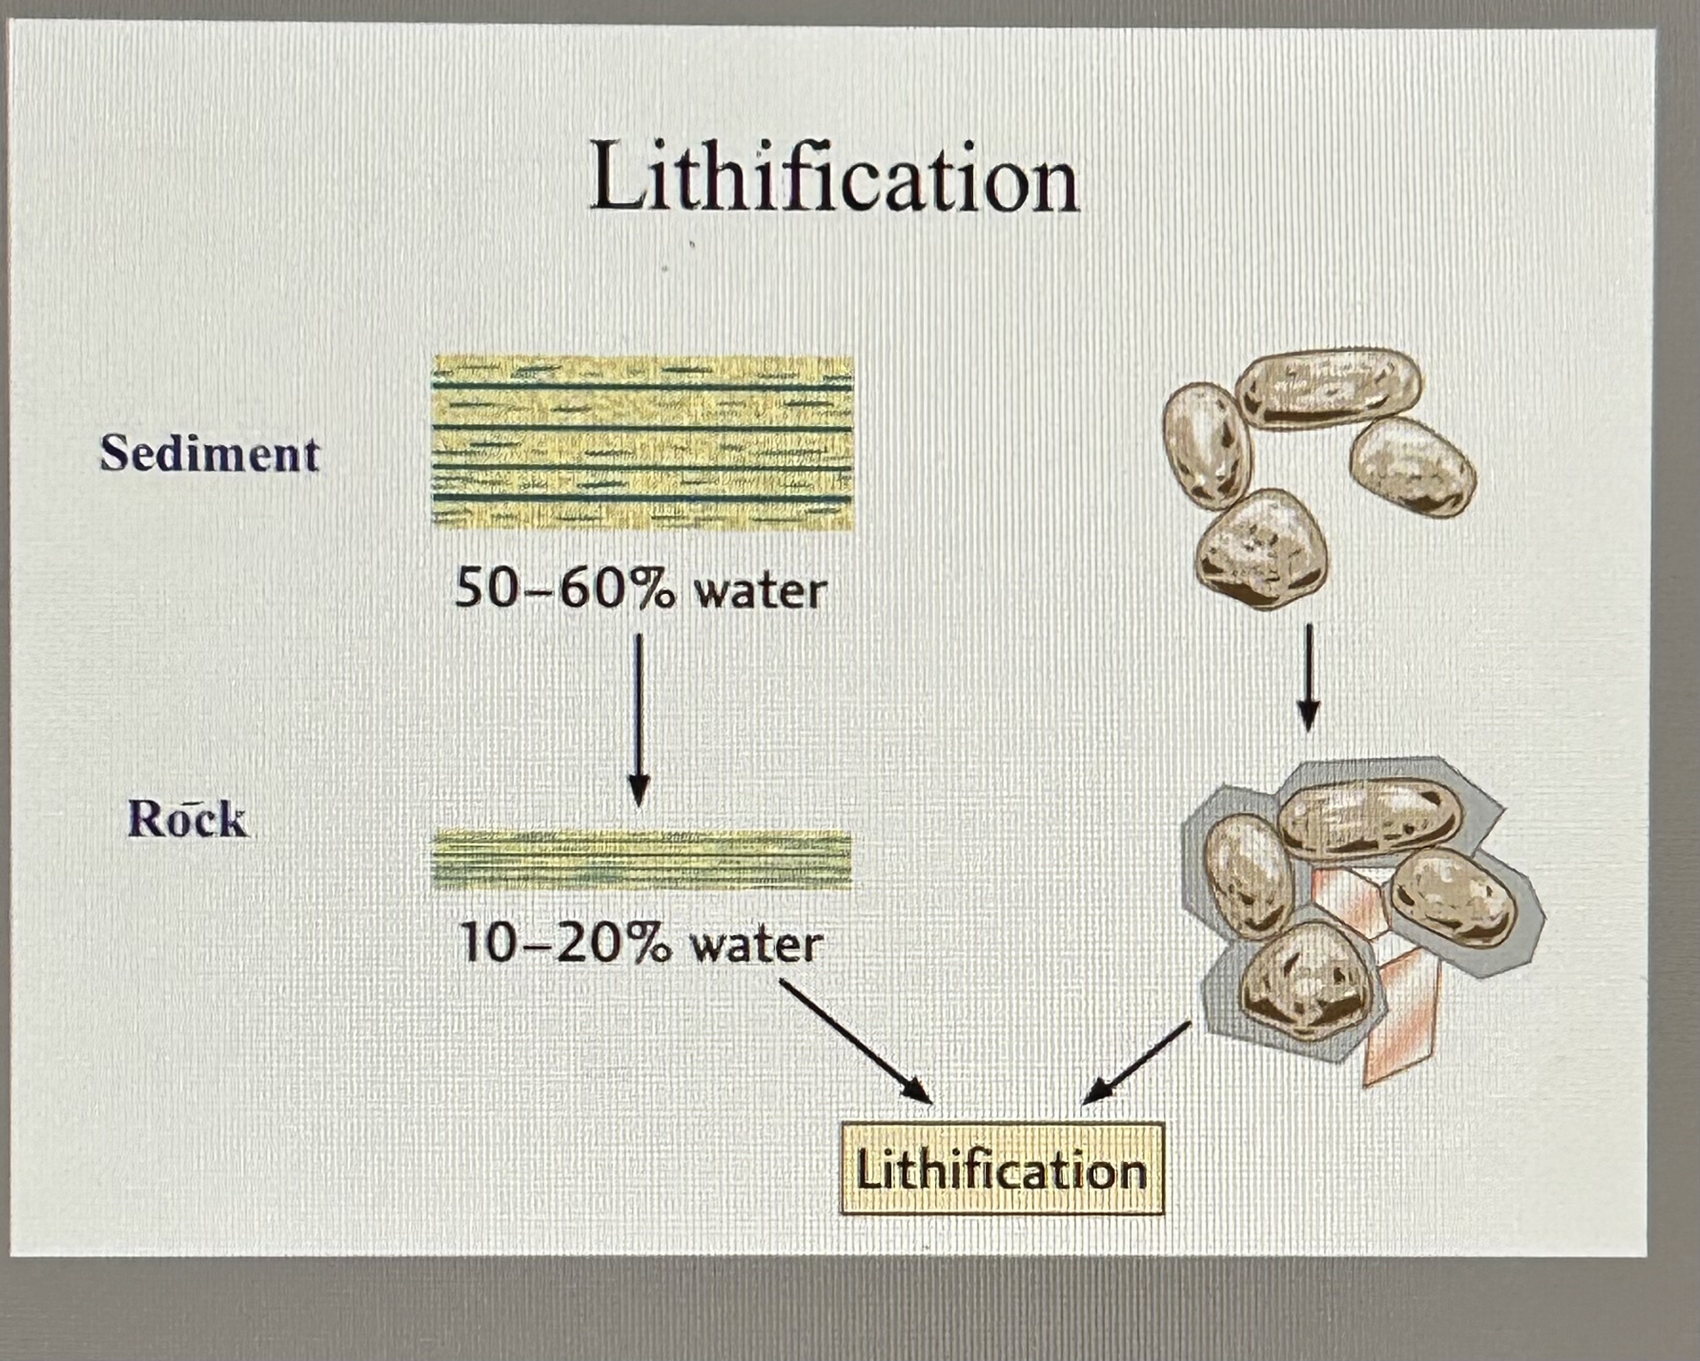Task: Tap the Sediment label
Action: [210, 455]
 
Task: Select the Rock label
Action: [187, 819]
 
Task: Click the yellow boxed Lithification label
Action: [1001, 1170]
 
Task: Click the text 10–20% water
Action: [640, 944]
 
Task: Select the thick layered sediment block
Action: [643, 442]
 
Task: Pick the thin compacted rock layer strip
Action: [643, 860]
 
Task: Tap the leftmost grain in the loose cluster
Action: [1206, 446]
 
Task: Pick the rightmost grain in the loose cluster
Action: [1412, 467]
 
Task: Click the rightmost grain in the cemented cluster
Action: [1452, 899]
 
